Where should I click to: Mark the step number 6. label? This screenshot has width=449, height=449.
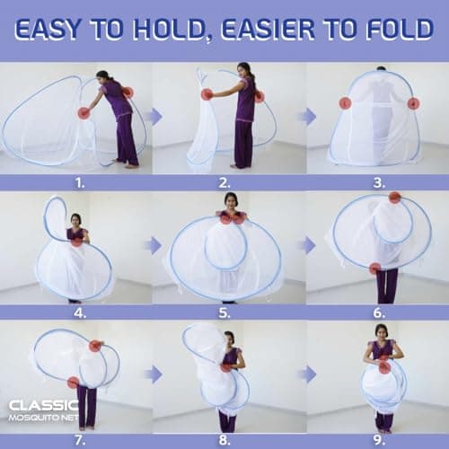pos(381,313)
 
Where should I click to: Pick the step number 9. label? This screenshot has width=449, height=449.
pos(381,441)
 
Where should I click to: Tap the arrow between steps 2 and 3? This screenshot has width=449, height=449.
pos(306,116)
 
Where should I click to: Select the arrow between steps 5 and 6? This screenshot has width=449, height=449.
pos(306,244)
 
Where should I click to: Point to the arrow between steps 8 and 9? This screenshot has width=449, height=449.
pos(306,373)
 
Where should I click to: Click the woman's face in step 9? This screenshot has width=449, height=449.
pos(382,333)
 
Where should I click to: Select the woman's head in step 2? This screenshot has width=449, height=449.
pos(243,70)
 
